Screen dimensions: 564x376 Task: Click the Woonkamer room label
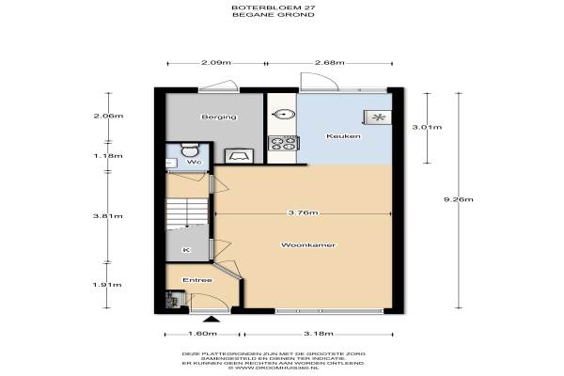(308, 245)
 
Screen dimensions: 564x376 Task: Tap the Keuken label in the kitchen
(343, 136)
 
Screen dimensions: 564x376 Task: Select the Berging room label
(219, 117)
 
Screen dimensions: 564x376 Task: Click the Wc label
(194, 162)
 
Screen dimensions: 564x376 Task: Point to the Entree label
(197, 280)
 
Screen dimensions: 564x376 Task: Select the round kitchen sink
(284, 115)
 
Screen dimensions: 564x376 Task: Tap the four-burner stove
(284, 143)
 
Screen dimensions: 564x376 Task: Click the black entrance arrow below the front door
(212, 319)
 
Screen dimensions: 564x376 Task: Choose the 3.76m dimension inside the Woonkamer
(303, 212)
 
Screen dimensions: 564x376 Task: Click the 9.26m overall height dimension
(459, 199)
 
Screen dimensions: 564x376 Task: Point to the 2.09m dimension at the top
(216, 63)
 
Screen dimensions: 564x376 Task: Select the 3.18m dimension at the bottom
(319, 334)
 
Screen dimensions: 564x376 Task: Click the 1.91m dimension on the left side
(107, 285)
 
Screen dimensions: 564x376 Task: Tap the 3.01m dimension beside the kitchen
(427, 127)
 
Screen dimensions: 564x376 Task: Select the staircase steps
(187, 212)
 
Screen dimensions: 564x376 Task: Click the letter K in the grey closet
(186, 250)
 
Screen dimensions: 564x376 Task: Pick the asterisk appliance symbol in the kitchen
(378, 117)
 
